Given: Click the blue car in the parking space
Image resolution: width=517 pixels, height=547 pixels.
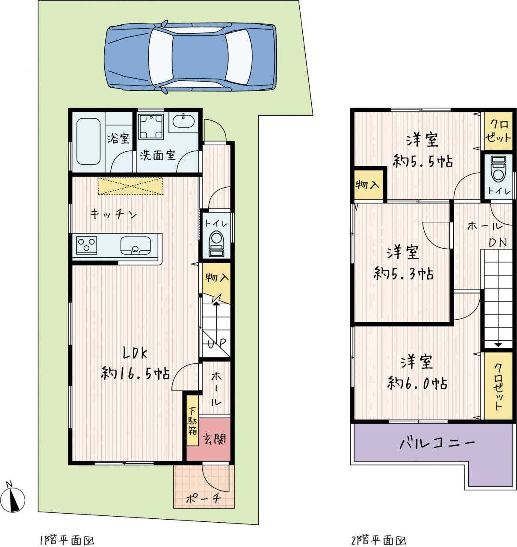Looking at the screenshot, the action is click(x=190, y=57).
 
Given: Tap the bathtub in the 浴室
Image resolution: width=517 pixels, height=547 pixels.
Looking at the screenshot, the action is click(x=88, y=141).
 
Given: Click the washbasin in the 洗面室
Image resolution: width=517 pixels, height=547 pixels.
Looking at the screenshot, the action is click(x=183, y=121).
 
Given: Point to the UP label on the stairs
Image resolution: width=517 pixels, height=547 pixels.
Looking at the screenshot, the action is click(x=217, y=343).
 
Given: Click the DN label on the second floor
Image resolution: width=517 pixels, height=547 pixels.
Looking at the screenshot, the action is click(x=498, y=242).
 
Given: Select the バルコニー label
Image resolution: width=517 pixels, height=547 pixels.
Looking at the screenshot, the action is click(x=437, y=444).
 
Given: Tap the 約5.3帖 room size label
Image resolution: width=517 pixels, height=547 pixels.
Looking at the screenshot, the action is click(x=403, y=274).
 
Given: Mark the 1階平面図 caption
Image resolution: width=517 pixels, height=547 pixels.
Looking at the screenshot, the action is click(x=67, y=541).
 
